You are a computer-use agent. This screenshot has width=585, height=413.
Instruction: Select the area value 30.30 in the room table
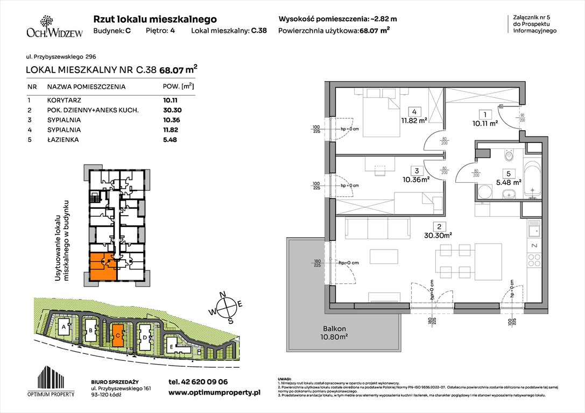tap(170, 110)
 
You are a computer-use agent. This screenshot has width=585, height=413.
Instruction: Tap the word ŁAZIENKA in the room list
tap(62, 140)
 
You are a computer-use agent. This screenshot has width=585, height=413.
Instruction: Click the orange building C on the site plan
tap(117, 334)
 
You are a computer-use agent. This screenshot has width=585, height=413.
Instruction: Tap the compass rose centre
tap(229, 307)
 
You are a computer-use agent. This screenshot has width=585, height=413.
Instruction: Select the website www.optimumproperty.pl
tap(214, 393)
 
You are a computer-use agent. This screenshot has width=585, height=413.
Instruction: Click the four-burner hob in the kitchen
tap(534, 260)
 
